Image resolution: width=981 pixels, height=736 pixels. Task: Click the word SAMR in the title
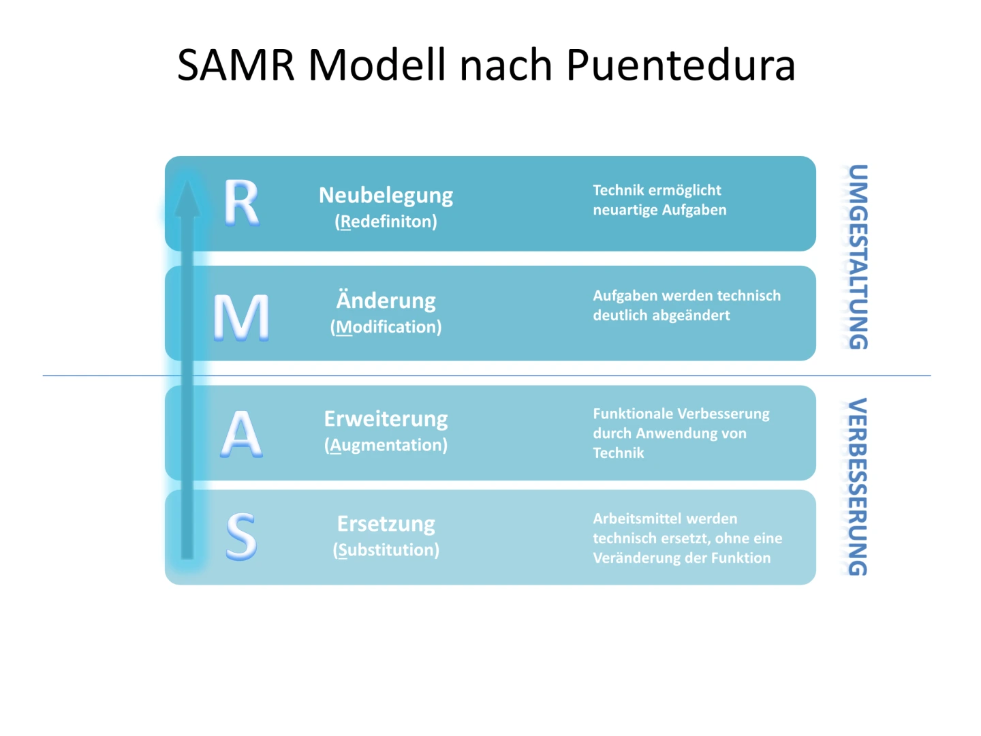pyautogui.click(x=236, y=65)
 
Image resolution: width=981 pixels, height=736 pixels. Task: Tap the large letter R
pyautogui.click(x=241, y=202)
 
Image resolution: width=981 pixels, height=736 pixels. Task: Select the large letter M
pyautogui.click(x=241, y=317)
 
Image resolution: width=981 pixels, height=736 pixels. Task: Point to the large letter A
pyautogui.click(x=241, y=434)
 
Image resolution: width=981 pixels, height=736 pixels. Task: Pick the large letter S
pyautogui.click(x=241, y=537)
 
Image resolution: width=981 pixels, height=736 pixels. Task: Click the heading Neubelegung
pyautogui.click(x=386, y=196)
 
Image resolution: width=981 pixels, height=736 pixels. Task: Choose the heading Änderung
pyautogui.click(x=386, y=301)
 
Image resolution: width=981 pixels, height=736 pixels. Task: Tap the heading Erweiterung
pyautogui.click(x=386, y=418)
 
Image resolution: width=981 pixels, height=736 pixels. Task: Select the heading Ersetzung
pyautogui.click(x=386, y=523)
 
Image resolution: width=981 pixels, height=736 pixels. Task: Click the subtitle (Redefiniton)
pyautogui.click(x=386, y=221)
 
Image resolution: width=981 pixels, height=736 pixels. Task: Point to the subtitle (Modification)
pyautogui.click(x=386, y=327)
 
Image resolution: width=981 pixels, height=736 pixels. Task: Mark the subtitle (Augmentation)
pyautogui.click(x=386, y=445)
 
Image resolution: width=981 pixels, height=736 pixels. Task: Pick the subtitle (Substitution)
pyautogui.click(x=386, y=550)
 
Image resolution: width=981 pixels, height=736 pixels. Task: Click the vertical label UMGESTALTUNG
pyautogui.click(x=858, y=257)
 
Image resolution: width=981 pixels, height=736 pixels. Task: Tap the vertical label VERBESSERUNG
pyautogui.click(x=858, y=487)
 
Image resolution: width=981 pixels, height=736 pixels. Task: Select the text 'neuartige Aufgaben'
pyautogui.click(x=659, y=210)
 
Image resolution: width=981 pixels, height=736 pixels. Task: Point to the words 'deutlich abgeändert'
pyautogui.click(x=661, y=316)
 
